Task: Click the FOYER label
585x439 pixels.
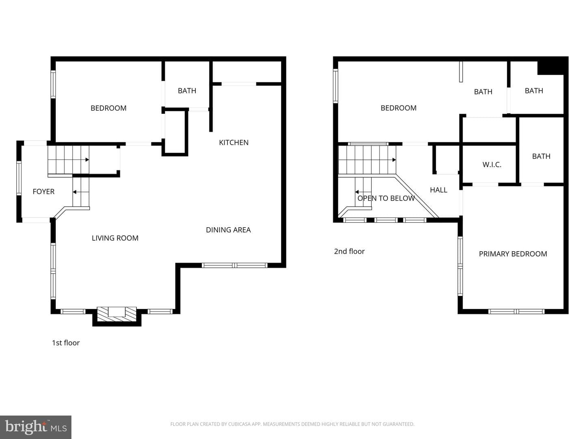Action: point(43,191)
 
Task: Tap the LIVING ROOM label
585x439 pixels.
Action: point(115,238)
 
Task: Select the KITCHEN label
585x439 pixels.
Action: point(234,143)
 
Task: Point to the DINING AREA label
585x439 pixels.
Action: point(228,230)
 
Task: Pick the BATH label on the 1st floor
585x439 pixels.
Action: point(187,91)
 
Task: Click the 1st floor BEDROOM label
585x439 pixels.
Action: point(108,108)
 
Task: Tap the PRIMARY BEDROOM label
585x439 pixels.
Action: point(513,254)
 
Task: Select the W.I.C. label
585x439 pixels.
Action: point(492,165)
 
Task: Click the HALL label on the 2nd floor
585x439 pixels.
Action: point(439,190)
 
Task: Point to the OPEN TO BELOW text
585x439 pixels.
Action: point(386,198)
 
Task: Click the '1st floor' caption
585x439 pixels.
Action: point(66,343)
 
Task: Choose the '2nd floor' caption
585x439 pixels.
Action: point(349,251)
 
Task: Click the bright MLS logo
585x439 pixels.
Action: point(36,427)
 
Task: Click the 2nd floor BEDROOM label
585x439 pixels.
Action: point(399,108)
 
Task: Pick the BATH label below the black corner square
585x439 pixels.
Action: point(534,91)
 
